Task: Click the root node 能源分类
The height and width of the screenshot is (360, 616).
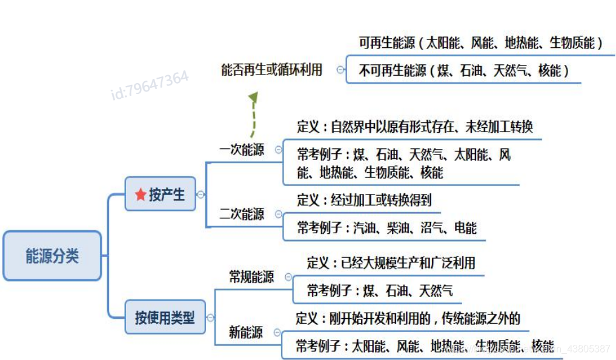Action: [52, 256]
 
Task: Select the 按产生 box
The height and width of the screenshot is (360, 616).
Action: [161, 194]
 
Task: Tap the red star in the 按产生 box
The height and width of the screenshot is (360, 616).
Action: [141, 195]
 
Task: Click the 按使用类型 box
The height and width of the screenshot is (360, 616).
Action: [165, 317]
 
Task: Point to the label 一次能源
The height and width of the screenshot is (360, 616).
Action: [242, 150]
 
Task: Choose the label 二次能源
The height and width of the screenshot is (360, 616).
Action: [242, 214]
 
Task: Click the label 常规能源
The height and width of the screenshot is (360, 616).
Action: [251, 277]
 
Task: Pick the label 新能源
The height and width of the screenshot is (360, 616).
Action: [246, 332]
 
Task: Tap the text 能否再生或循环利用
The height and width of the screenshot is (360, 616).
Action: [271, 70]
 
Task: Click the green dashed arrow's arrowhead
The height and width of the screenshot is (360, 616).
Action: [253, 98]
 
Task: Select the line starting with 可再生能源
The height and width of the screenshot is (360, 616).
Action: [480, 43]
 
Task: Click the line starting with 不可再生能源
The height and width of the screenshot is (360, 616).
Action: [463, 70]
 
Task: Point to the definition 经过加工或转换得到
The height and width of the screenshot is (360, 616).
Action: [364, 199]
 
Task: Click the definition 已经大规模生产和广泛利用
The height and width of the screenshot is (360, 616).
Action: [391, 262]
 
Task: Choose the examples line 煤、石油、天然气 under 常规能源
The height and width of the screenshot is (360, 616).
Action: [379, 291]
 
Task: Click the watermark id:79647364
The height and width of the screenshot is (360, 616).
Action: [150, 85]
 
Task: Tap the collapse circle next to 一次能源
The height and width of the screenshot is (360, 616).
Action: [279, 150]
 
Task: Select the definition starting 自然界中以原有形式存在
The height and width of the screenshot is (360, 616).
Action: [415, 127]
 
